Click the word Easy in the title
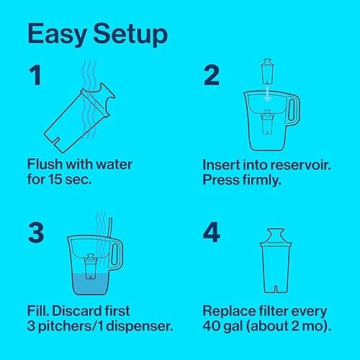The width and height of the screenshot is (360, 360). pyautogui.click(x=57, y=35)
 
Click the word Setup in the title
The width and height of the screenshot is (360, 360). pyautogui.click(x=130, y=35)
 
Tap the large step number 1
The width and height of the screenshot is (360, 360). pyautogui.click(x=35, y=75)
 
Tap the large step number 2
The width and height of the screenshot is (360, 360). pyautogui.click(x=212, y=75)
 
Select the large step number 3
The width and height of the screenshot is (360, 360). pyautogui.click(x=36, y=233)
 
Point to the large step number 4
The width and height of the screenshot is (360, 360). pyautogui.click(x=212, y=232)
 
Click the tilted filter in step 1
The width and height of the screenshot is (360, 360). pyautogui.click(x=79, y=118)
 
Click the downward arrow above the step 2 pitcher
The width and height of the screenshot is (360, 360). pyautogui.click(x=267, y=94)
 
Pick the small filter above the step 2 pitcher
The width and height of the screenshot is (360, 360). pyautogui.click(x=267, y=71)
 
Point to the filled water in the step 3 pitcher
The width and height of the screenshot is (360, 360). pyautogui.click(x=90, y=284)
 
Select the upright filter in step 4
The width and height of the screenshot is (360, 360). pyautogui.click(x=276, y=261)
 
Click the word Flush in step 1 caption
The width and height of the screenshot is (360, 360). pyautogui.click(x=45, y=164)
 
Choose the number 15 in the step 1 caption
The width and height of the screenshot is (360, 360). pyautogui.click(x=55, y=179)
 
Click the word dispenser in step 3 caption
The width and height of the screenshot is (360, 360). pyautogui.click(x=140, y=326)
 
